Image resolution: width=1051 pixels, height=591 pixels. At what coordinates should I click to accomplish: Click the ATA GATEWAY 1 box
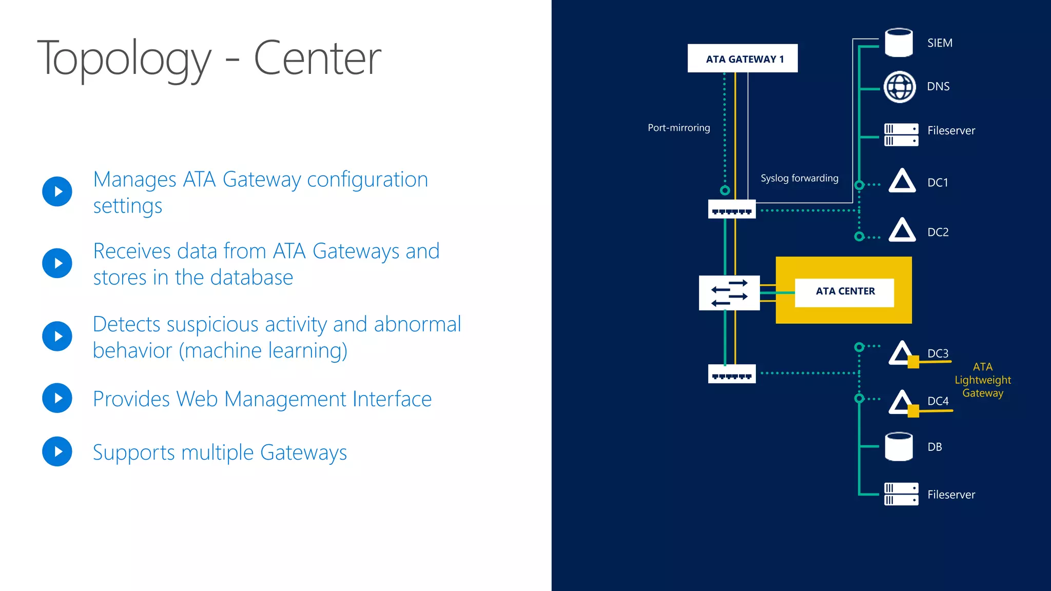coord(742,58)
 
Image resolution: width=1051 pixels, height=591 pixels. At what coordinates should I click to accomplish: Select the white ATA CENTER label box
coord(844,292)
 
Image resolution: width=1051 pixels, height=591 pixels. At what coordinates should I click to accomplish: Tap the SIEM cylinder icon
coord(899,43)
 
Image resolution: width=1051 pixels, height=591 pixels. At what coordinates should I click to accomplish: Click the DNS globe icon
coord(899,87)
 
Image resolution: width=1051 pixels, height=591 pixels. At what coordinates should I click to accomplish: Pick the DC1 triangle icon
coord(902,181)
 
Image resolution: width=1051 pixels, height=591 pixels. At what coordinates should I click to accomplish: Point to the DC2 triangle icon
coord(902,230)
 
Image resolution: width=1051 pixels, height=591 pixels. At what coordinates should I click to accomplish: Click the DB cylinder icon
coord(899,446)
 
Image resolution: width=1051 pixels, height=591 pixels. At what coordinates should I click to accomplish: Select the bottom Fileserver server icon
coord(901,494)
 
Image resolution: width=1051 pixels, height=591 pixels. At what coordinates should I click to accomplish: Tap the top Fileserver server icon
coord(901,134)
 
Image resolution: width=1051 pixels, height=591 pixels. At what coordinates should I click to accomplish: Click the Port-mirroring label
coord(678,128)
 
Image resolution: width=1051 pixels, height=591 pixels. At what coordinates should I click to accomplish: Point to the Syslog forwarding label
coord(799,178)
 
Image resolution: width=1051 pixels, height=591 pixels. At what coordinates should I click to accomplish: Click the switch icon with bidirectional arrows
coord(729,293)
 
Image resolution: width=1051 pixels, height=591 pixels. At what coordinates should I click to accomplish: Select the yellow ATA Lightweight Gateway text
coord(982,380)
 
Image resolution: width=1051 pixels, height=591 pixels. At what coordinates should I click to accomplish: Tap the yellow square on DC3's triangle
coord(913,362)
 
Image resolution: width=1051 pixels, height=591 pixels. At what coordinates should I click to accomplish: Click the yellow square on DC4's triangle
coord(913,411)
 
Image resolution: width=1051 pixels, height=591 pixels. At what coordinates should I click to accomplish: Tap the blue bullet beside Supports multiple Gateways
coord(57,451)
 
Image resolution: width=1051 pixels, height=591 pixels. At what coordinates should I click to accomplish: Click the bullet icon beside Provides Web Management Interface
coord(57,398)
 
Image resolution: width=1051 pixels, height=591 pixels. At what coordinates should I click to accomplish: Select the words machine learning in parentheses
coord(263,351)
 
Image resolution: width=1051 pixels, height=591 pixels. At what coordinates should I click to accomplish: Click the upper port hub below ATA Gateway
coord(731,209)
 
